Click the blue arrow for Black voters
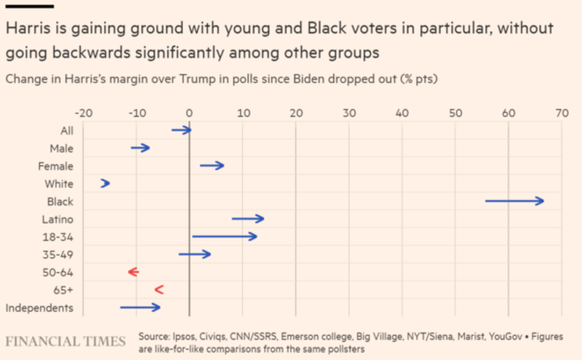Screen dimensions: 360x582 514,201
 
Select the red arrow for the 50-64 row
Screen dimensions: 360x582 133,272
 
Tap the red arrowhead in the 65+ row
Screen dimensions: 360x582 159,290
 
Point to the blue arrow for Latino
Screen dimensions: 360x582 248,219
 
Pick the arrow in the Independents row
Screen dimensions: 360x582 140,307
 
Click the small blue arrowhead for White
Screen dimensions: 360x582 105,184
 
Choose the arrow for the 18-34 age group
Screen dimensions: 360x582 224,237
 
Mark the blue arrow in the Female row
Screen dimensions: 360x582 212,166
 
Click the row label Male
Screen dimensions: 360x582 62,149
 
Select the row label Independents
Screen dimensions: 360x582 39,308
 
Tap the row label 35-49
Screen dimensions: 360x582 58,255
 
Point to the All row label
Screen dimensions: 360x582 67,131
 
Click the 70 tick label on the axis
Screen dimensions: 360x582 562,113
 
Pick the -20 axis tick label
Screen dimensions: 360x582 83,113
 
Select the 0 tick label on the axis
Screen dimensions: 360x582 189,113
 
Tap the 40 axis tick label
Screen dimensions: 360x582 402,113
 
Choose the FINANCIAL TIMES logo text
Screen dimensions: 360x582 65,342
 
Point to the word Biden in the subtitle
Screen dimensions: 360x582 310,78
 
